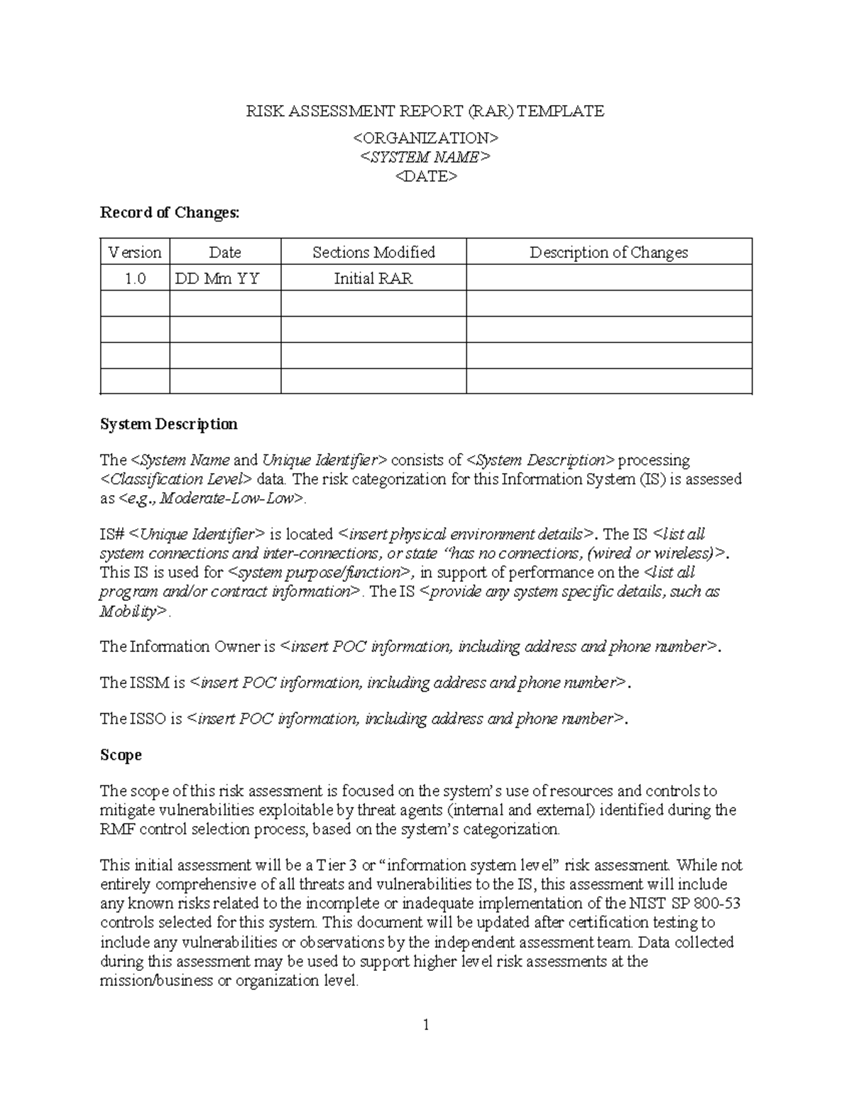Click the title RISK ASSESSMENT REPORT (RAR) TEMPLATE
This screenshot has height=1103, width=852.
pyautogui.click(x=425, y=111)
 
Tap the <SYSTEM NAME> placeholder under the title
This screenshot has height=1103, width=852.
pyautogui.click(x=425, y=157)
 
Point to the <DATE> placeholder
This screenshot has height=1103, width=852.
pyautogui.click(x=425, y=176)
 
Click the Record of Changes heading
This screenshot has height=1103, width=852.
pyautogui.click(x=170, y=212)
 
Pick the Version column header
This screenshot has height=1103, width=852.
pyautogui.click(x=135, y=252)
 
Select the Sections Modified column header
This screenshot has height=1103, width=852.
pyautogui.click(x=373, y=252)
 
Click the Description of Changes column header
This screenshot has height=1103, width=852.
pyautogui.click(x=608, y=252)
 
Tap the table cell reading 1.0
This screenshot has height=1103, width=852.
pyautogui.click(x=135, y=278)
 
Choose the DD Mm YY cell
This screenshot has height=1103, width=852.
pyautogui.click(x=217, y=278)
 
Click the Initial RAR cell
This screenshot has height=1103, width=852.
pyautogui.click(x=373, y=278)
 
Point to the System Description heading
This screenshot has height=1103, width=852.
pyautogui.click(x=169, y=424)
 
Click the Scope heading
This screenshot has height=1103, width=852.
pyautogui.click(x=121, y=754)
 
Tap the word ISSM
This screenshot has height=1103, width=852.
pyautogui.click(x=149, y=683)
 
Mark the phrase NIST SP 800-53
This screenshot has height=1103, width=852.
pyautogui.click(x=685, y=903)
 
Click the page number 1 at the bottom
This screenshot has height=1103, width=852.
pyautogui.click(x=426, y=1024)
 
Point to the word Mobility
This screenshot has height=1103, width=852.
pyautogui.click(x=132, y=611)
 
